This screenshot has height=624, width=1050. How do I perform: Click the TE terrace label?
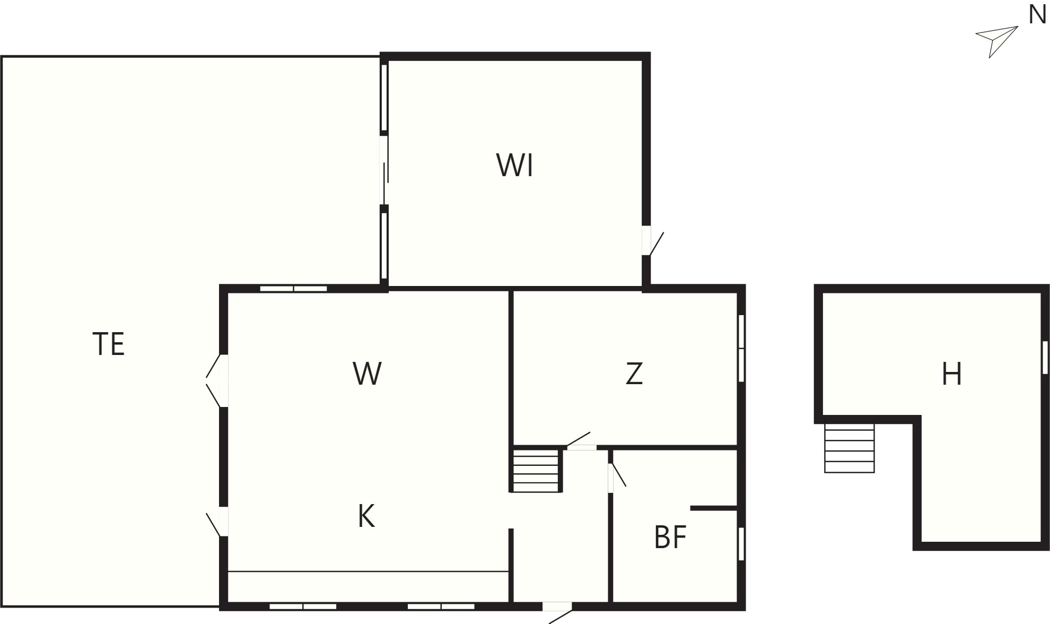109,344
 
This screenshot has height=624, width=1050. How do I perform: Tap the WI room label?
514,165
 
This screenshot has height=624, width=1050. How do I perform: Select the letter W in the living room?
367,374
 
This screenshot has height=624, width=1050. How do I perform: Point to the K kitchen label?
366,516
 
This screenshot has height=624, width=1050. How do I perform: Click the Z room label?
634,374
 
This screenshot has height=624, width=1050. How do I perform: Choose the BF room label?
670,537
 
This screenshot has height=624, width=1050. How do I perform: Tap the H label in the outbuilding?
951,374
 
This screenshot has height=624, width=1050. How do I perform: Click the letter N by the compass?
1037,15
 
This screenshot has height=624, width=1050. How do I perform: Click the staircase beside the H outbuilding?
849,448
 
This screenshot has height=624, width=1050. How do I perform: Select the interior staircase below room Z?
536,471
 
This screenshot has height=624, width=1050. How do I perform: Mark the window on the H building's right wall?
1045,357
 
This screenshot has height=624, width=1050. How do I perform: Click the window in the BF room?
741,544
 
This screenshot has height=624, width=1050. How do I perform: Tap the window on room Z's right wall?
741,348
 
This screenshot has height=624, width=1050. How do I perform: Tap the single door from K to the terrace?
217,522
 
